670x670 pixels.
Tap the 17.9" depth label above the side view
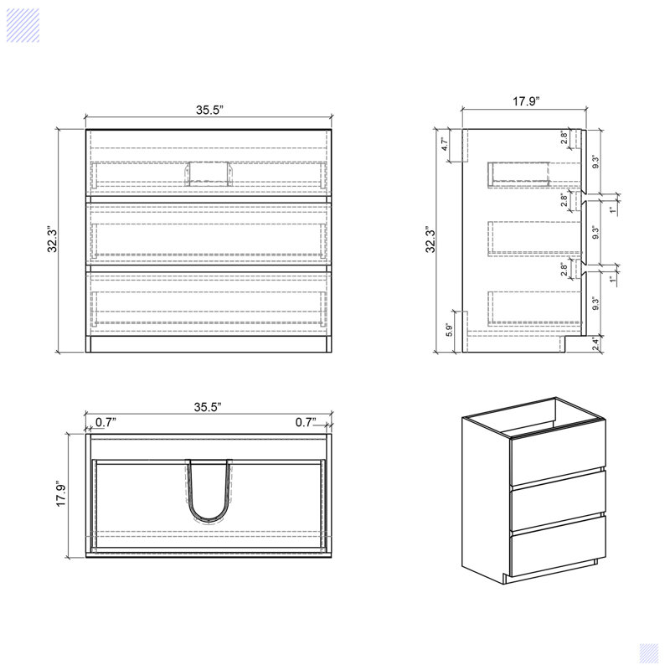(x=526, y=101)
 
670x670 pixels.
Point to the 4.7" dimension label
(x=446, y=144)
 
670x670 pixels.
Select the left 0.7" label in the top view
(x=105, y=422)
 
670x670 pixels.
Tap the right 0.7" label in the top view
(x=307, y=422)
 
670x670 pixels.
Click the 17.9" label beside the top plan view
(x=60, y=494)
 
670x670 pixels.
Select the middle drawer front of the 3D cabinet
(x=557, y=500)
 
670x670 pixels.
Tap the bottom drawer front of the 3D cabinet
(x=557, y=544)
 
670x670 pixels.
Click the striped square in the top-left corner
(x=23, y=24)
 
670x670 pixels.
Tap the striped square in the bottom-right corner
(x=648, y=652)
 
